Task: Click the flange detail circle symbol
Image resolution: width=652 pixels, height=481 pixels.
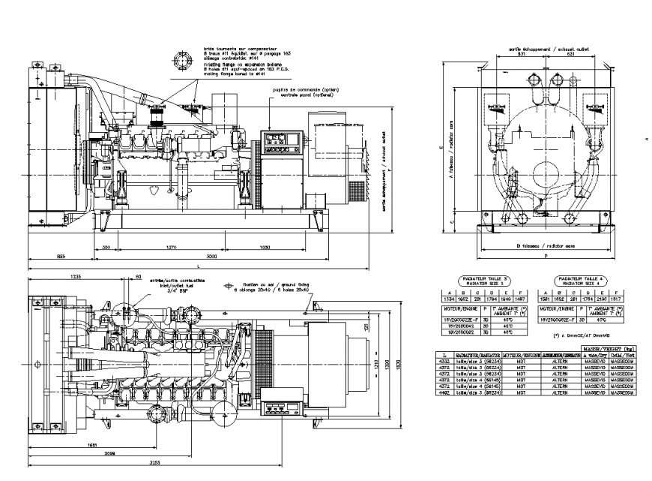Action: (182, 62)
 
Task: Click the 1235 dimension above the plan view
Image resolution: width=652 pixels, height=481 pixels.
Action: (75, 276)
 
